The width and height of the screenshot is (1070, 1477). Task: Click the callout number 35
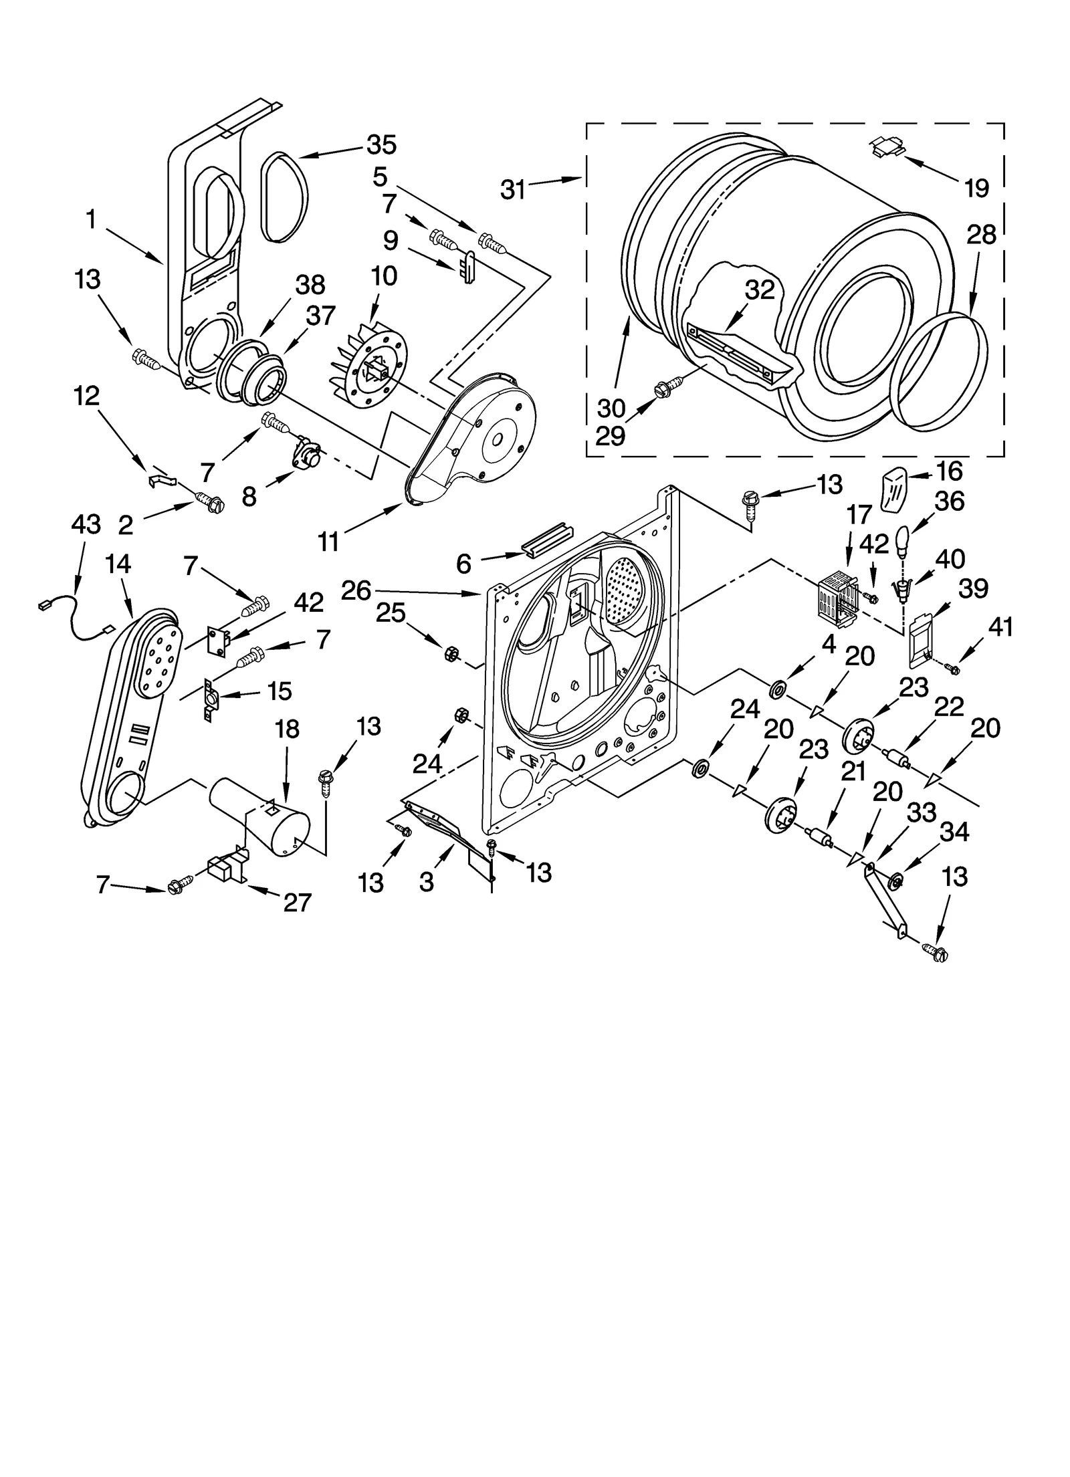point(381,145)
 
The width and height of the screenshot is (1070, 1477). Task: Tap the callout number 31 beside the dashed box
point(513,190)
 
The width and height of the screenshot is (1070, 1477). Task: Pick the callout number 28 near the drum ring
point(981,235)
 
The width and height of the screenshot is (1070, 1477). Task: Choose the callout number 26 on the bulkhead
point(356,590)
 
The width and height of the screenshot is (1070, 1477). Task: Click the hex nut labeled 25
point(450,653)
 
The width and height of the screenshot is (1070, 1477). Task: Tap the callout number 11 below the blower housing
point(328,542)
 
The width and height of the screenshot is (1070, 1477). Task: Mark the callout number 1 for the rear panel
point(92,219)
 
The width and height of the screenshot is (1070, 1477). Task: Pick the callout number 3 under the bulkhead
point(426,882)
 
